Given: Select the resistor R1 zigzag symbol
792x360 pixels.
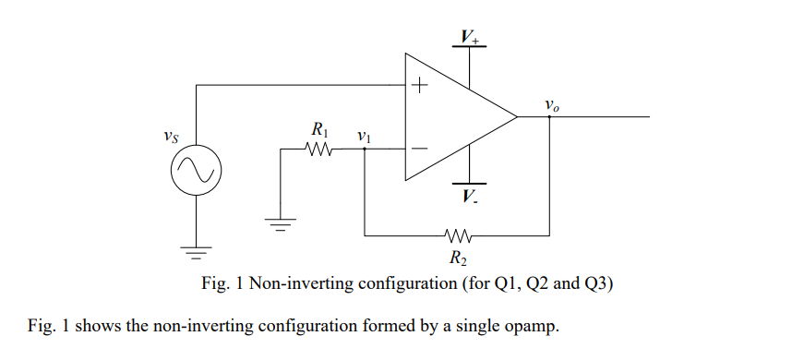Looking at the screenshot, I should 319,149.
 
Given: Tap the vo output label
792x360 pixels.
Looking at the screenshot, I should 551,105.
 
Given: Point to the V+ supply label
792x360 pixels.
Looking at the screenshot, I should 471,37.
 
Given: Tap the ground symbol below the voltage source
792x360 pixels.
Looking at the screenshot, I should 196,247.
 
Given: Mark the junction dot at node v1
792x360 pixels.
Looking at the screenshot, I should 366,149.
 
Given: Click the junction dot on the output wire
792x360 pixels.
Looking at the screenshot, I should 550,117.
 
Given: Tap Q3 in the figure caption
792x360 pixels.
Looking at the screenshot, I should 599,284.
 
